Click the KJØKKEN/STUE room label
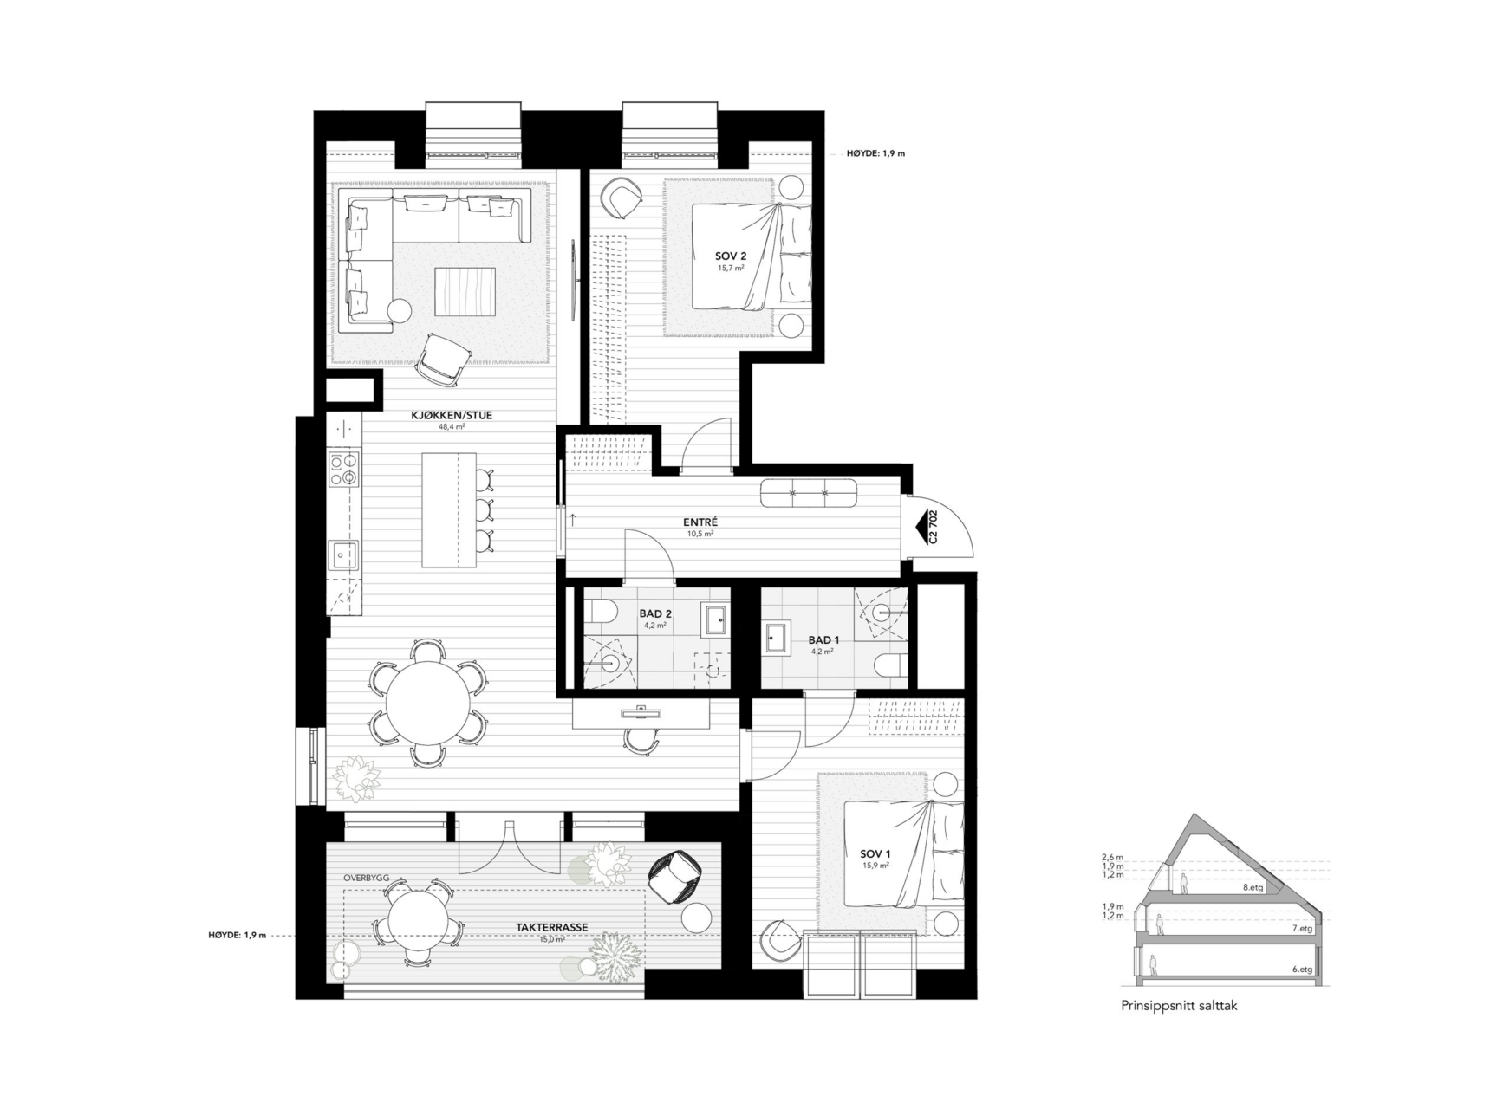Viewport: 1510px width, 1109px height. pos(451,416)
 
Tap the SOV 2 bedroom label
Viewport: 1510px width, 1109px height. pos(731,256)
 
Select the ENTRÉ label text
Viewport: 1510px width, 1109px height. pos(700,522)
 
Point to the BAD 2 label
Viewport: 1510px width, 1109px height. pos(655,613)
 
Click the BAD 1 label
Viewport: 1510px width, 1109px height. pos(823,640)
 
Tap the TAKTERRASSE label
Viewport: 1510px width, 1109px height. pos(552,927)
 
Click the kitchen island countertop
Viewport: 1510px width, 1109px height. pos(449,509)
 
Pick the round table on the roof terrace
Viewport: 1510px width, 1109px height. pos(419,924)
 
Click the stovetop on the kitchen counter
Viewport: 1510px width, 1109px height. pos(343,469)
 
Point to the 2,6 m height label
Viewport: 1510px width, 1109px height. pos(1113,857)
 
